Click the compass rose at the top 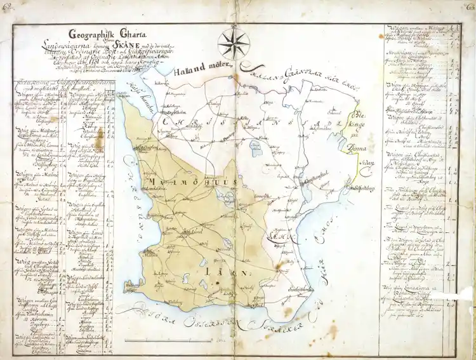[234, 43]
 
